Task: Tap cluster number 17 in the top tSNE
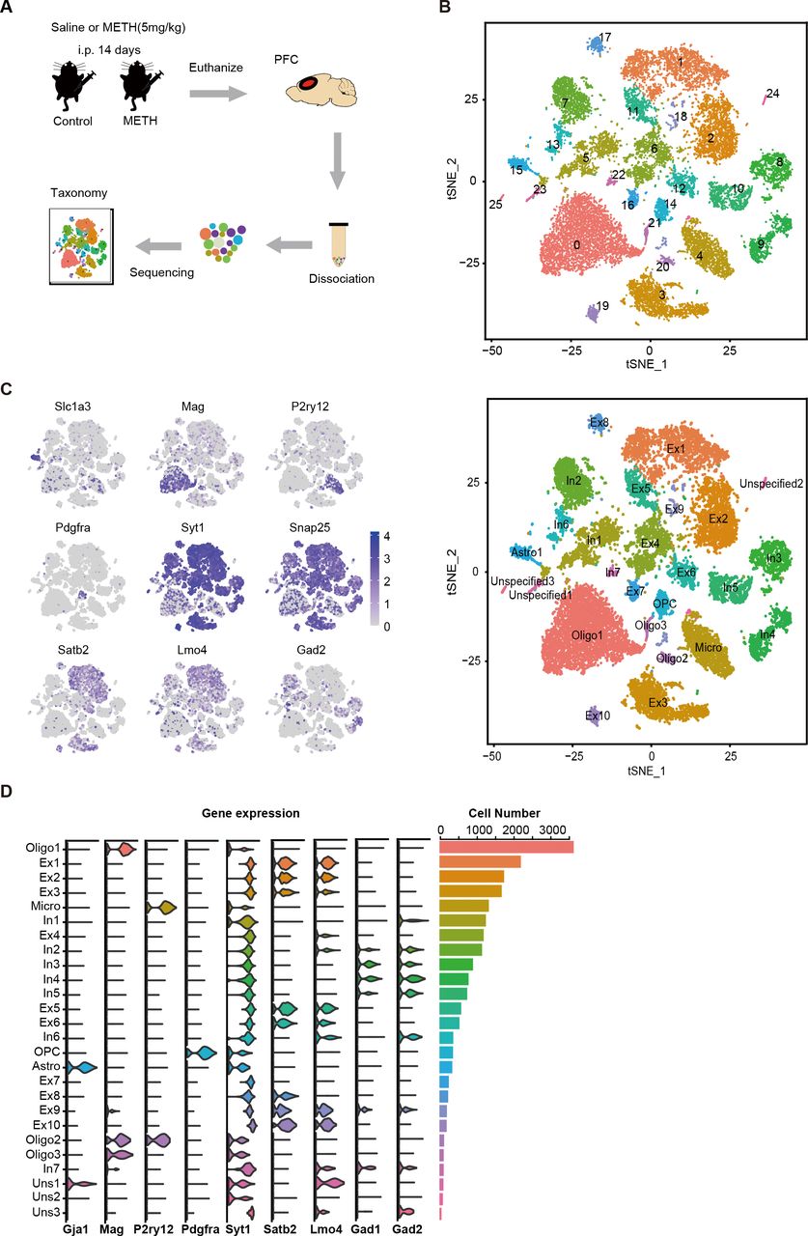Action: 605,38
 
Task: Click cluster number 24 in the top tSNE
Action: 772,94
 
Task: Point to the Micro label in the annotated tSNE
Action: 710,638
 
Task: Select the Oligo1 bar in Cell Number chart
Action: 507,847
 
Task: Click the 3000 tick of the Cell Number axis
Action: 551,829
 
